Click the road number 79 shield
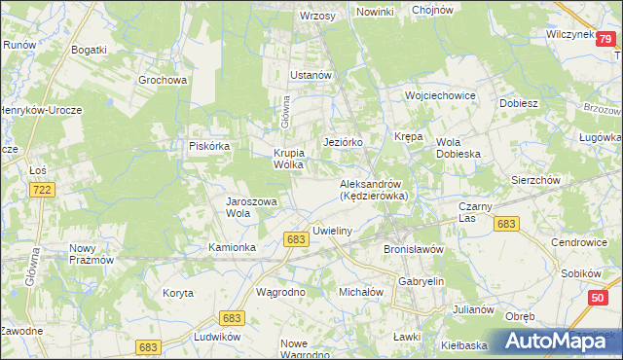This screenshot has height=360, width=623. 605,39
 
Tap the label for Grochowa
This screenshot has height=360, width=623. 163,80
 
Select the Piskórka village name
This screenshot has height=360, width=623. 208,146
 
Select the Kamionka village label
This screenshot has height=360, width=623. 232,247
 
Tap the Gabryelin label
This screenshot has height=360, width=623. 421,281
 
